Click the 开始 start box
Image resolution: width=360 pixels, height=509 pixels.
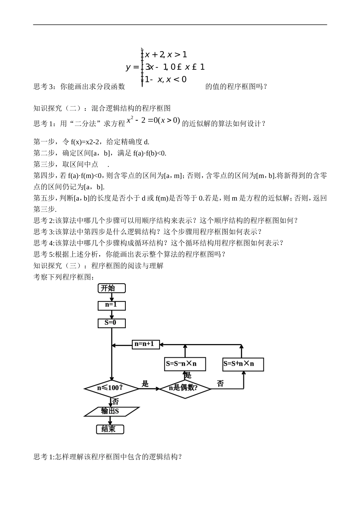111,288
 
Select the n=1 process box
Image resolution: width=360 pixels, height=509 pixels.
111,305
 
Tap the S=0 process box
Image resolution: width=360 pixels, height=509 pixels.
111,323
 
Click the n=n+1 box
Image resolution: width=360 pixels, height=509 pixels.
146,344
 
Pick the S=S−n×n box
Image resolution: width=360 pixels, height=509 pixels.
185,364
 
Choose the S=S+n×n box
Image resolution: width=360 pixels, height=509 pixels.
243,364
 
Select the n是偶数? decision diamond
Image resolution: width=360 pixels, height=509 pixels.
185,388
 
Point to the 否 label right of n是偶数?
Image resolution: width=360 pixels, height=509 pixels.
220,383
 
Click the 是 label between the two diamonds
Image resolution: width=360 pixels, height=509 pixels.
145,383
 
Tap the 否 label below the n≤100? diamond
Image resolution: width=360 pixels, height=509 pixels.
116,401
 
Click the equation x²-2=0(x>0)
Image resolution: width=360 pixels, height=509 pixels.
153,121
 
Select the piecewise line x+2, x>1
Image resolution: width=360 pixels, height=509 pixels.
166,55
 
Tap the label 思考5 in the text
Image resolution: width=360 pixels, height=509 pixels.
44,254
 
